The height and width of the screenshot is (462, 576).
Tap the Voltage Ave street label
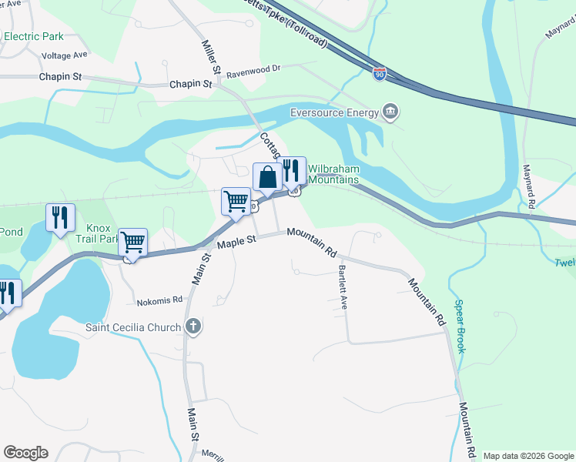(65, 55)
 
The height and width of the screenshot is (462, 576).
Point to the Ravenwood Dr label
(254, 68)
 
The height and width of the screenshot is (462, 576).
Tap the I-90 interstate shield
(379, 73)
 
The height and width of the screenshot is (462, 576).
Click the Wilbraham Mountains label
(333, 174)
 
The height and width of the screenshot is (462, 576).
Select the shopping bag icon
(267, 177)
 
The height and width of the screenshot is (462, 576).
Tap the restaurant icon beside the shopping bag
(290, 170)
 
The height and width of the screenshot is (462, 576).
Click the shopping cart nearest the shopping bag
(236, 202)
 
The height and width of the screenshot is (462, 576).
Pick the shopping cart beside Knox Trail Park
(133, 242)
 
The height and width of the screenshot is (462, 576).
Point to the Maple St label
(236, 242)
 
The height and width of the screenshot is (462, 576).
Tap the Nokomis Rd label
(160, 300)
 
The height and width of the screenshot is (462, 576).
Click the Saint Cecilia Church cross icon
(193, 327)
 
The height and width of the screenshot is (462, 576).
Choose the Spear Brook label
(460, 326)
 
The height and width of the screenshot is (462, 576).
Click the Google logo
(25, 453)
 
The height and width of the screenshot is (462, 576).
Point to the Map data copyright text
(528, 456)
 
